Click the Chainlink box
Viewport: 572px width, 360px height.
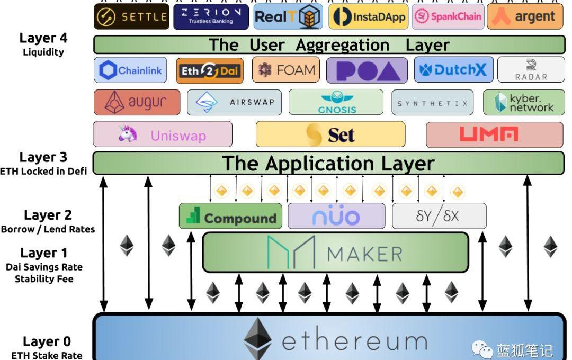(130, 70)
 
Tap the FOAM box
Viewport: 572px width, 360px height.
(286, 70)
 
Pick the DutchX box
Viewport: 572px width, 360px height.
(454, 70)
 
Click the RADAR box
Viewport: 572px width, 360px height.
(531, 70)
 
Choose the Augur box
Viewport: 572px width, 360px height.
(137, 102)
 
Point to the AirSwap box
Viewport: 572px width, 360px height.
(234, 102)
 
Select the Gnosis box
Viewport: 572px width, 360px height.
(336, 102)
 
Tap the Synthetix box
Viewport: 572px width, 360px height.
(433, 103)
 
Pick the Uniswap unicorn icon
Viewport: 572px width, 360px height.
(128, 134)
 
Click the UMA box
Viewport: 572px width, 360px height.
(495, 134)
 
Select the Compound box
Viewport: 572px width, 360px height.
(230, 216)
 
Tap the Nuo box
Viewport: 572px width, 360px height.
(336, 216)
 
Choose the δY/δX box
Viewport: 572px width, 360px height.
(439, 216)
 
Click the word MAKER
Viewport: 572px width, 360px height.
(364, 254)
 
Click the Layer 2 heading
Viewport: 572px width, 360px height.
(48, 215)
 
